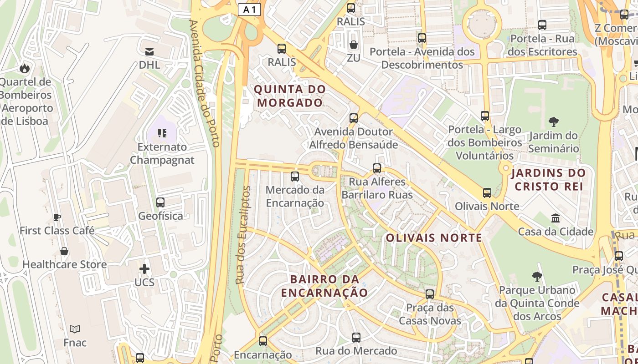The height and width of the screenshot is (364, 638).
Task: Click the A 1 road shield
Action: tap(249, 10)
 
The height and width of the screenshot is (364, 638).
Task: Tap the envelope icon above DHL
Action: tap(149, 51)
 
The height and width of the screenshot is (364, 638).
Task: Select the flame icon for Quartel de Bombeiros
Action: tap(24, 68)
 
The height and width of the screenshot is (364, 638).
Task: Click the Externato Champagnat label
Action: tap(162, 153)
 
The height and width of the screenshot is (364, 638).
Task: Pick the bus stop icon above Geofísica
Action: tap(160, 202)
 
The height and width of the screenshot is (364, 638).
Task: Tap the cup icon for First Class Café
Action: tap(57, 217)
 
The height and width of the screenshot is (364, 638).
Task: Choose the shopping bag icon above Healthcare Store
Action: tap(64, 251)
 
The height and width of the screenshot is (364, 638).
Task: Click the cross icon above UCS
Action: tap(144, 269)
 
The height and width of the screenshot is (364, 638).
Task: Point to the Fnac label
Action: tap(75, 342)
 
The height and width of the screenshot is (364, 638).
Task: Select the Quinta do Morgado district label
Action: tap(290, 96)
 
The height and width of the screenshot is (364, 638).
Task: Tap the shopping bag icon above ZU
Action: tap(353, 45)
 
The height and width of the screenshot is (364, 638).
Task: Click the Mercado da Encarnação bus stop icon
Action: tap(295, 177)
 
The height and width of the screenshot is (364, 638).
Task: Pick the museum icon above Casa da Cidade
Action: tap(556, 218)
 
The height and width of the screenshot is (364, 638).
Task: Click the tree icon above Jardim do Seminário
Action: tap(554, 121)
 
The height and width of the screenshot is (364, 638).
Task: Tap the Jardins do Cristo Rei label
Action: tap(548, 179)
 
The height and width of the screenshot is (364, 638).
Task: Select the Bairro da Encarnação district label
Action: tap(324, 286)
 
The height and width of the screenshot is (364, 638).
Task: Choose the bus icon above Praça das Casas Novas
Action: tap(430, 294)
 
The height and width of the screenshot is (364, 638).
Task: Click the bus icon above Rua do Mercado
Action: tap(356, 338)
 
